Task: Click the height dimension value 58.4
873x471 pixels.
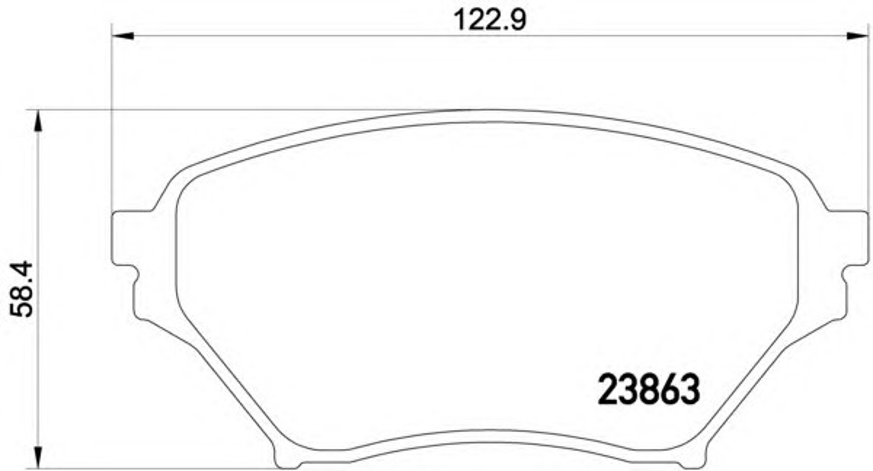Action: [x=21, y=289]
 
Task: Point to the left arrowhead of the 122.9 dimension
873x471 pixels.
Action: [x=123, y=36]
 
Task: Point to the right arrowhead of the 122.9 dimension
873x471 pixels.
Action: [x=857, y=36]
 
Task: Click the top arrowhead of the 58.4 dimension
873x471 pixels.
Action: [x=38, y=121]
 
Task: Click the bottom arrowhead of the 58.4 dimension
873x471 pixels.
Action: [x=38, y=458]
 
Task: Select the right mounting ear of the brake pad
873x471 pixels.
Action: [x=848, y=238]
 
